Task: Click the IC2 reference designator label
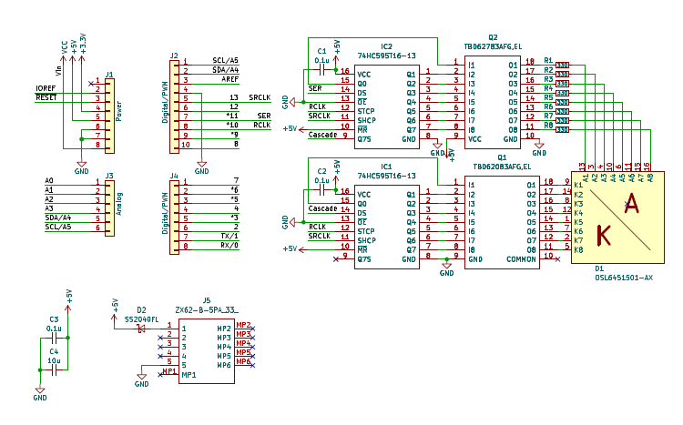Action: click(387, 46)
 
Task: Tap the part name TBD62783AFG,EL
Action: click(494, 46)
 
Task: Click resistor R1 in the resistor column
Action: click(562, 65)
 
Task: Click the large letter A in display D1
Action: click(630, 207)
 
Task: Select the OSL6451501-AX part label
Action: click(624, 278)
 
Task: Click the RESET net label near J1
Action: click(46, 96)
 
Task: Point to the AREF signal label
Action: click(229, 79)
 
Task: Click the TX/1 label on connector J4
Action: click(229, 236)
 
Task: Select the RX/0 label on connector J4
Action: click(229, 245)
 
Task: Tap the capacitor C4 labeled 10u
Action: click(54, 369)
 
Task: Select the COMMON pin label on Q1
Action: click(522, 258)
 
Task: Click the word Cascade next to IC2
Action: click(323, 135)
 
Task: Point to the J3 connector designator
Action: click(109, 175)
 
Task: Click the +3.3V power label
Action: click(84, 41)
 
